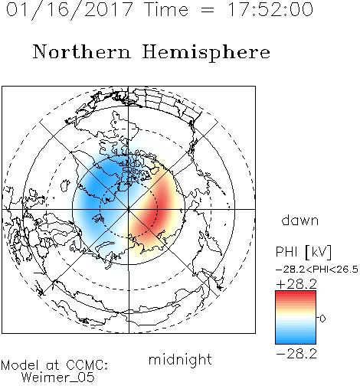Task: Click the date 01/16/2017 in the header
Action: [x=70, y=10]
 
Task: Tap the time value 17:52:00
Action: [x=270, y=10]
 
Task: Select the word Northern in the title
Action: [x=82, y=51]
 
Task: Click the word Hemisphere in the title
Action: [x=206, y=52]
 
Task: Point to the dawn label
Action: [x=300, y=221]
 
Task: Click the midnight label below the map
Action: [x=180, y=359]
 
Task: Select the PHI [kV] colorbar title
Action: [x=303, y=252]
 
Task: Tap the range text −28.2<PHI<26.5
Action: [x=317, y=270]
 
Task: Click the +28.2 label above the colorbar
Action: [x=296, y=284]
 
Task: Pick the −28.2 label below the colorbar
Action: [x=296, y=354]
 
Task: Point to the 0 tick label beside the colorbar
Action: [x=322, y=319]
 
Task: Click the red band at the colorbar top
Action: [x=296, y=294]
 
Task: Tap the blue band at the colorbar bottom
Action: [x=296, y=341]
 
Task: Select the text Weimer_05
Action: [x=58, y=378]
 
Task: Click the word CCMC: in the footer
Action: [x=87, y=365]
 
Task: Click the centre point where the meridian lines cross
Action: [x=129, y=210]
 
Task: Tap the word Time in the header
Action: [x=166, y=10]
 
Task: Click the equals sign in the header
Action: [x=208, y=10]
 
